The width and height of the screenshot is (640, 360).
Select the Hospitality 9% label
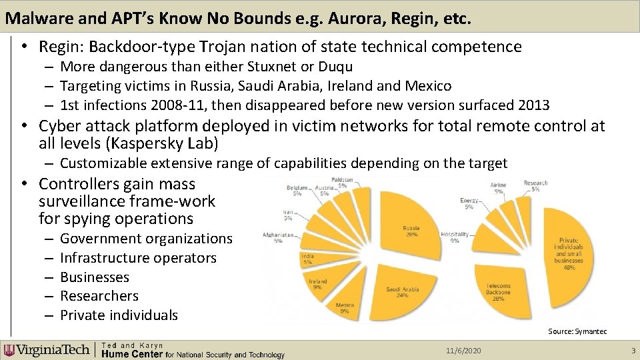click(x=455, y=237)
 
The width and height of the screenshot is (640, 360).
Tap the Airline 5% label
click(x=498, y=187)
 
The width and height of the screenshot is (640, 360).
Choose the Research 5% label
click(x=535, y=185)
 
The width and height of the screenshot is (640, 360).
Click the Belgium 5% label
click(x=297, y=191)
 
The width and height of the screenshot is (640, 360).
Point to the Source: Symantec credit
click(x=577, y=331)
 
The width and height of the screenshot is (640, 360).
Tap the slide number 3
click(x=633, y=351)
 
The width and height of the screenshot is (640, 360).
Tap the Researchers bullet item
click(x=99, y=295)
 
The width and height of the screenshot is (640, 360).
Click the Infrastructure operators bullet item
click(x=138, y=257)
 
